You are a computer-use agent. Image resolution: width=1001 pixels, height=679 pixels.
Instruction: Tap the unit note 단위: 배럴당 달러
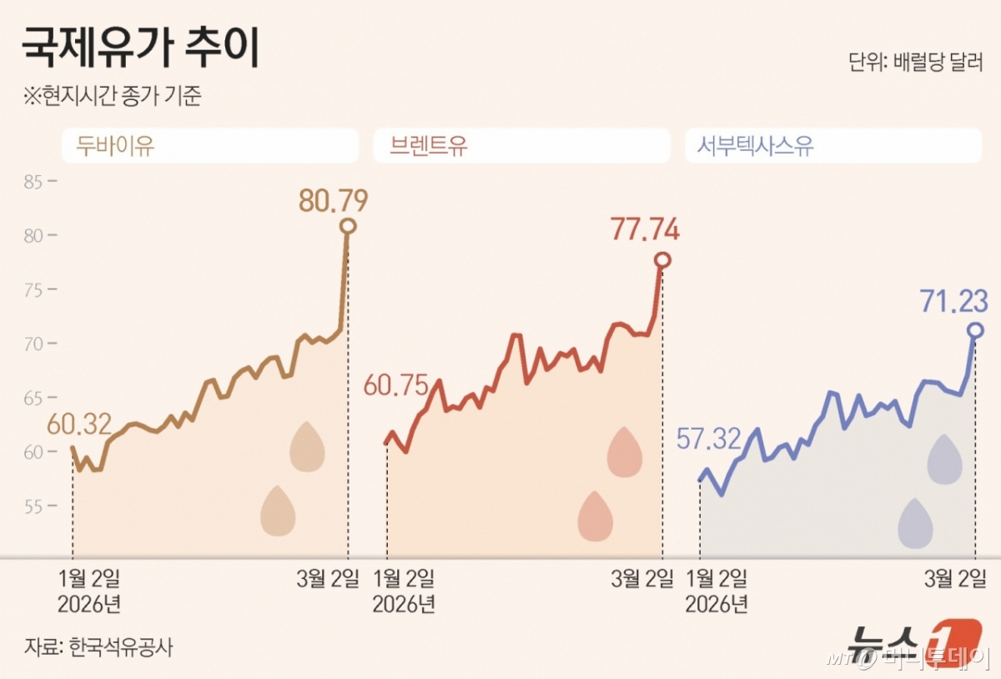(x=915, y=63)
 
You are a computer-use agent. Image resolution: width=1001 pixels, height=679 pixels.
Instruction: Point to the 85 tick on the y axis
(x=33, y=181)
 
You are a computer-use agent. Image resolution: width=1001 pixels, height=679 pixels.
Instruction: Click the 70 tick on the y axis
(x=33, y=344)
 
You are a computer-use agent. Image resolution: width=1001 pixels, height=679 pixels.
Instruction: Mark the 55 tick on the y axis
(x=33, y=506)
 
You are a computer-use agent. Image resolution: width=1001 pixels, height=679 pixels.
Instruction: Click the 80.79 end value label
(x=333, y=200)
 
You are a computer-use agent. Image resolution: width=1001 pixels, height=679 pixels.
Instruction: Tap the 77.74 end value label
(x=645, y=229)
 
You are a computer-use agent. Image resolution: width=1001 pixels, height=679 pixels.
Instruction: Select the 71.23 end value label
(x=954, y=300)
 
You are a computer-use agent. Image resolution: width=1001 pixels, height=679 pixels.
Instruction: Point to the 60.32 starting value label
(x=79, y=425)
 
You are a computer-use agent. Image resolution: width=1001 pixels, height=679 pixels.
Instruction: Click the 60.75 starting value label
(x=395, y=385)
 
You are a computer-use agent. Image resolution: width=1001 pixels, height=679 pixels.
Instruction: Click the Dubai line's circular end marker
(x=348, y=226)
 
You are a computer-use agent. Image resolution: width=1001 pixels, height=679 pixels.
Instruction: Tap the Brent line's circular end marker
(x=662, y=260)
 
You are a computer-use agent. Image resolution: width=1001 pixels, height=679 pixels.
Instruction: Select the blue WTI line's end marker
(x=975, y=330)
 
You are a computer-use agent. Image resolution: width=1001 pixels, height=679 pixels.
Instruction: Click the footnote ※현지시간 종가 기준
(x=113, y=96)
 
